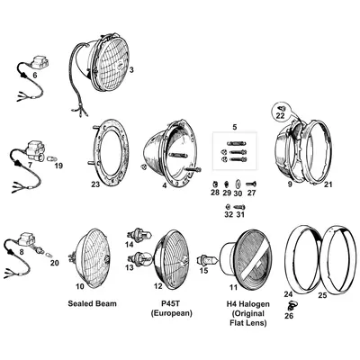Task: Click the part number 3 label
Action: (131, 70)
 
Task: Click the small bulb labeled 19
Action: (51, 158)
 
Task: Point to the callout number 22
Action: (280, 116)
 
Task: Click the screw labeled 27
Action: (251, 184)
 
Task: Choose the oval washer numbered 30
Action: (238, 184)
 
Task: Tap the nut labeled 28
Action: (214, 183)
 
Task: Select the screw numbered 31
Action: (239, 207)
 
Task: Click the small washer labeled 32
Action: (228, 206)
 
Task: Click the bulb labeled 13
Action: (140, 257)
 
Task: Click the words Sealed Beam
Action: (92, 303)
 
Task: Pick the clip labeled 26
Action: (291, 305)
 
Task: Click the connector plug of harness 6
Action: (40, 62)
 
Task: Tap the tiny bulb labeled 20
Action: (49, 255)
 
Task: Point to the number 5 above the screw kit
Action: (235, 127)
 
